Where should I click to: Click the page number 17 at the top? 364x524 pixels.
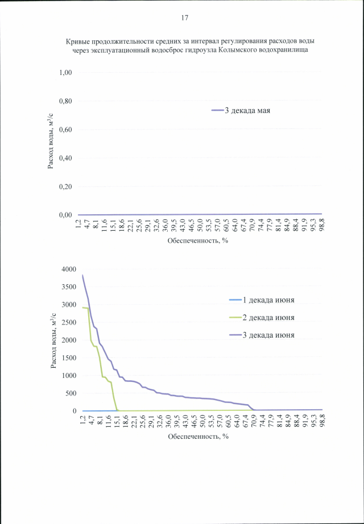point(185,18)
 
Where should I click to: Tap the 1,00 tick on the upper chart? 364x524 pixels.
point(65,73)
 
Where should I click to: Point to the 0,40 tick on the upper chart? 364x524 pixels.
point(65,158)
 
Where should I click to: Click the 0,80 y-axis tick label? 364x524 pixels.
point(65,101)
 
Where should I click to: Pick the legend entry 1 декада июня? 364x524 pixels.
point(268,300)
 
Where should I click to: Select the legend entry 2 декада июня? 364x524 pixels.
point(268,317)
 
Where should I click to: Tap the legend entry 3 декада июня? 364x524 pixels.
point(268,335)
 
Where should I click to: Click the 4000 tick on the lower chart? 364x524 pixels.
point(68,269)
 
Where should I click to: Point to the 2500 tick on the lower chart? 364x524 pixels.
point(68,322)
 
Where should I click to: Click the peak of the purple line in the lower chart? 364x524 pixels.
point(83,275)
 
